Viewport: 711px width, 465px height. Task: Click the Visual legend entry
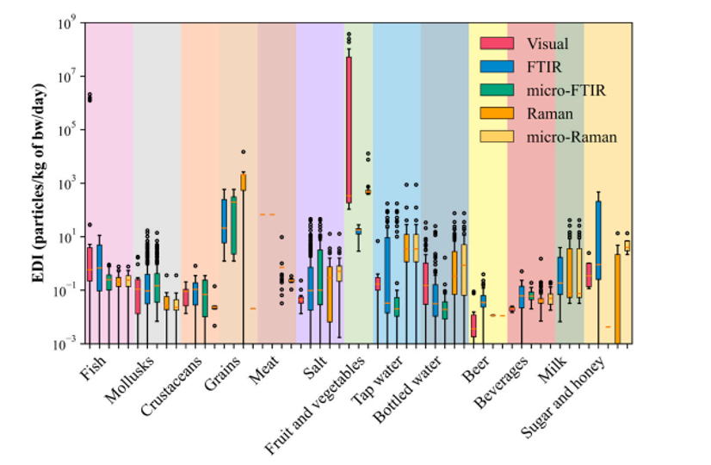pos(547,44)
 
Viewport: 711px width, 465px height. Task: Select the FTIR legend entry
pos(544,67)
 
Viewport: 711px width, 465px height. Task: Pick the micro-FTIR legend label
pos(566,90)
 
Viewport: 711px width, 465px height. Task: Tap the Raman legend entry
pos(548,113)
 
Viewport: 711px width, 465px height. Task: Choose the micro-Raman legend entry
pos(572,137)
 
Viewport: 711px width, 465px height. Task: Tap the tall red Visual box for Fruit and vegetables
pos(349,129)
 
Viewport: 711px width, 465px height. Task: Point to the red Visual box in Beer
pos(473,325)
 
